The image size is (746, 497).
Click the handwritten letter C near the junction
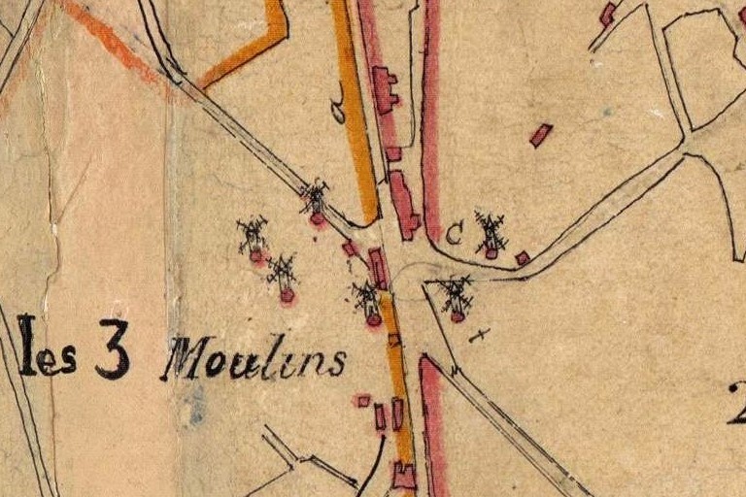coord(454,233)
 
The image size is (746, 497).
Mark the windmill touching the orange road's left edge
coord(369,303)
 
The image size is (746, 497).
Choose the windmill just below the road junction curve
coord(456,297)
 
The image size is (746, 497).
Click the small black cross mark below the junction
coord(478,335)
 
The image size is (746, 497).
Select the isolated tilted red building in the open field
coord(540,135)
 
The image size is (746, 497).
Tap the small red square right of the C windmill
coord(523,258)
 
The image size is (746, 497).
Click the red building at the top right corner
coord(608,14)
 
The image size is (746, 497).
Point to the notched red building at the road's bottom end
coord(404,476)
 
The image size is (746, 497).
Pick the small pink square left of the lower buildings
coord(363,400)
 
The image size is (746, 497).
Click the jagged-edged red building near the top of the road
coord(385,89)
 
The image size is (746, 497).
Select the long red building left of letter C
coord(404,204)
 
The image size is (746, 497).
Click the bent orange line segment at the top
coord(253,49)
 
